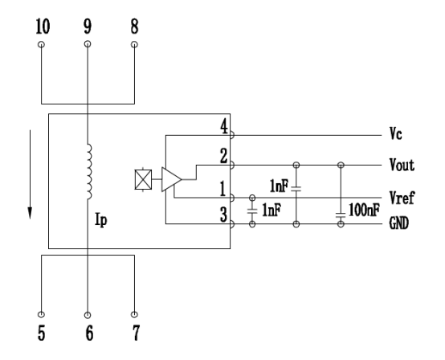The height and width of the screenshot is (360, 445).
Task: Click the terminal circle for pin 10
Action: pyautogui.click(x=41, y=44)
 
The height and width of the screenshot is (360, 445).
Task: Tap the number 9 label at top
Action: pyautogui.click(x=88, y=27)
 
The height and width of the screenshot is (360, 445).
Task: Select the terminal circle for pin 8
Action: pyautogui.click(x=134, y=44)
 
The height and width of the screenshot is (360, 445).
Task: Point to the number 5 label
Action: pyautogui.click(x=42, y=333)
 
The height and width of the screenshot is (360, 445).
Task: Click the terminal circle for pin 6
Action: pyautogui.click(x=88, y=315)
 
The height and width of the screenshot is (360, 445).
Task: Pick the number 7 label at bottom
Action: pyautogui.click(x=137, y=333)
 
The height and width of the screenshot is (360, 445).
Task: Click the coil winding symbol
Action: pyautogui.click(x=89, y=171)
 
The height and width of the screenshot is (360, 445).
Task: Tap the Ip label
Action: pyautogui.click(x=101, y=219)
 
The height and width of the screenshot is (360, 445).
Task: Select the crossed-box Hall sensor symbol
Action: pyautogui.click(x=143, y=179)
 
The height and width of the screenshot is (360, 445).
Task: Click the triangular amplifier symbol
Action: pyautogui.click(x=171, y=179)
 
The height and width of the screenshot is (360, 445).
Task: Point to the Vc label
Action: pyautogui.click(x=396, y=133)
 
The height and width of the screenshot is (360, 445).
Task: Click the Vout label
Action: pyautogui.click(x=402, y=165)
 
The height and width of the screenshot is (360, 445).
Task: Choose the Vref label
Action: pyautogui.click(x=402, y=198)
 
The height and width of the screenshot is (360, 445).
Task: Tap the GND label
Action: pyautogui.click(x=399, y=223)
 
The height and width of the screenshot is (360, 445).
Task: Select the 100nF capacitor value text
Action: pyautogui.click(x=364, y=210)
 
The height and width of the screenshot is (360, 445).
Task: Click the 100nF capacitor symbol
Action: pyautogui.click(x=341, y=215)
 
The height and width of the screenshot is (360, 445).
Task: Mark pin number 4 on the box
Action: pyautogui.click(x=224, y=127)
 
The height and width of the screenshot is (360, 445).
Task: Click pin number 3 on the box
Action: pyautogui.click(x=224, y=215)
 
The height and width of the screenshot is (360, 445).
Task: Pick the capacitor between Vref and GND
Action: pyautogui.click(x=252, y=211)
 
